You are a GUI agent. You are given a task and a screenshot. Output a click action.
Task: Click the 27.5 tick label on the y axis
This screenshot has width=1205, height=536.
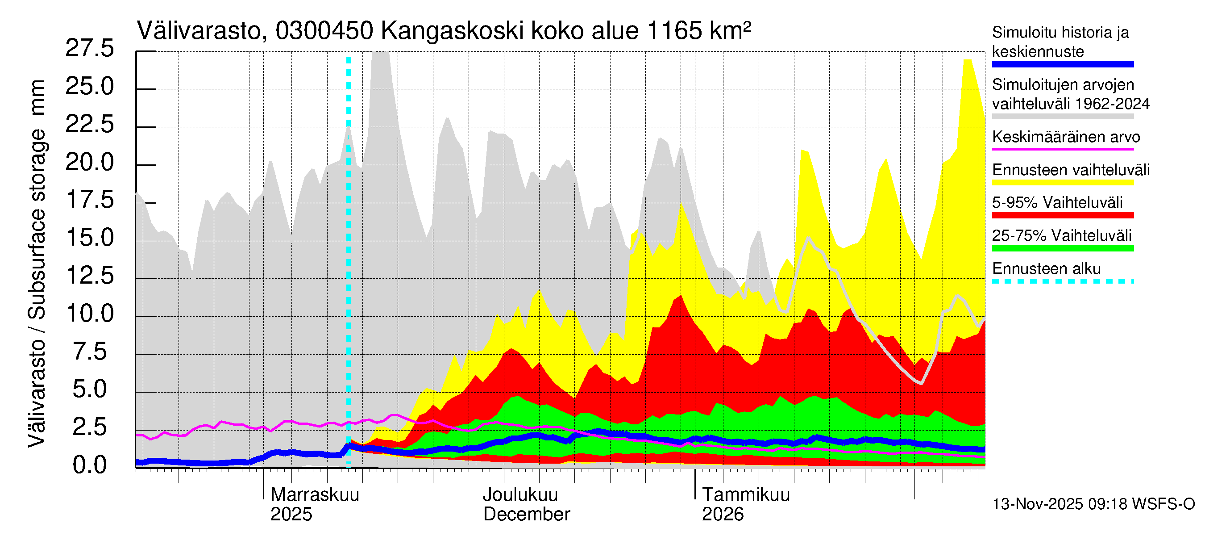pos(89,48)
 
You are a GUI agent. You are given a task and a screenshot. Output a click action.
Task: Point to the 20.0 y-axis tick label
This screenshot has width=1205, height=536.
pos(89,163)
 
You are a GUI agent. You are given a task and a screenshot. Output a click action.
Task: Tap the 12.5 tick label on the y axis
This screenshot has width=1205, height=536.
pos(89,275)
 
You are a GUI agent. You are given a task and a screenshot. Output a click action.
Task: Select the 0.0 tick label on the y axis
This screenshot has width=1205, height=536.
pos(89,465)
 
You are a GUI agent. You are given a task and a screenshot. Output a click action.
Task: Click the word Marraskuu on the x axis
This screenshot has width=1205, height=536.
pos(314,494)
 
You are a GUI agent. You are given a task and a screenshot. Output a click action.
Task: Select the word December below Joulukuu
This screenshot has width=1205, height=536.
pos(526,514)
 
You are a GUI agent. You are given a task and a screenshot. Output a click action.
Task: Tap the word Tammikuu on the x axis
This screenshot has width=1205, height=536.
pos(746,494)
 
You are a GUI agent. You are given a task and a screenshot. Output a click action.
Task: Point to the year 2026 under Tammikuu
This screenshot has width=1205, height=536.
pos(722,514)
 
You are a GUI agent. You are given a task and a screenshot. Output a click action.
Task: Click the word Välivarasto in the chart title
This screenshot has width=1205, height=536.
pos(199,31)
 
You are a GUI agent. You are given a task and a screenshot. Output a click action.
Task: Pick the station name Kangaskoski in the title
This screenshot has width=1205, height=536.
pos(452,31)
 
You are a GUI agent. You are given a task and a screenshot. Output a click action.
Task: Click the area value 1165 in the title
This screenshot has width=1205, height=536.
pos(674,31)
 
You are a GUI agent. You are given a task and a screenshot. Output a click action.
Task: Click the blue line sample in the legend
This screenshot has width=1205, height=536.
pos(1062,65)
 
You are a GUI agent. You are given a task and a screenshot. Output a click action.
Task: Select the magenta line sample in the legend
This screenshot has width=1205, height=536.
pos(1062,149)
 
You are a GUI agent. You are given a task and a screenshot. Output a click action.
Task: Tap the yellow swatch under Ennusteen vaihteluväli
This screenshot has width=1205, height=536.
pos(1062,183)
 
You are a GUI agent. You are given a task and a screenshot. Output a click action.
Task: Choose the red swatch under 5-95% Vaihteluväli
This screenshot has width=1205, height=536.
pos(1062,215)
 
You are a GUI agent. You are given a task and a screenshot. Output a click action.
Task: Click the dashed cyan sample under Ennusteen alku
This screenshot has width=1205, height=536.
pos(1062,281)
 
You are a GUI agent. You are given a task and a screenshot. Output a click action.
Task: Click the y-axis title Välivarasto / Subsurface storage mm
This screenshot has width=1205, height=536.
pos(37,263)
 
